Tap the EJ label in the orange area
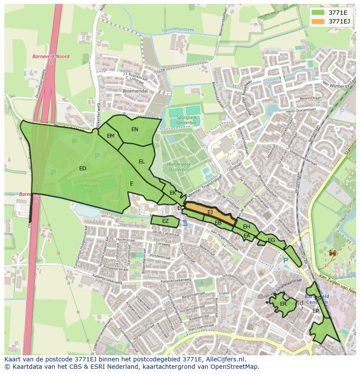point(210,212)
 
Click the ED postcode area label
point(83,169)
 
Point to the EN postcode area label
point(135,129)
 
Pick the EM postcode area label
point(110,136)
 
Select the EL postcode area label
point(141,162)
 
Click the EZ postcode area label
point(165,221)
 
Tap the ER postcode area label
point(283,304)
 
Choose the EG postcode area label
point(271,240)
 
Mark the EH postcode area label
point(247,227)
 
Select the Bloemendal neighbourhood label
point(135,91)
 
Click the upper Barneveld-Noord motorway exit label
point(44,56)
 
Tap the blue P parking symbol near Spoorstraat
point(285,261)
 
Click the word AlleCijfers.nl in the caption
point(224,359)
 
